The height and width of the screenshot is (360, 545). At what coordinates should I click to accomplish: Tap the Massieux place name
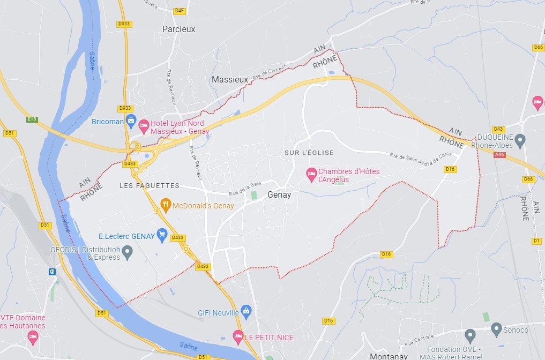tap(230, 79)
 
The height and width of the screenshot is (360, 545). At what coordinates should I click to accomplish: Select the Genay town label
tap(279, 195)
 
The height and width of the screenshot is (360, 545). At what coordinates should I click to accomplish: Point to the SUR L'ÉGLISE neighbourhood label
tap(309, 153)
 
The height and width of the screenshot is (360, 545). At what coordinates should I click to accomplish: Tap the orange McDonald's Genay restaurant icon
tap(166, 204)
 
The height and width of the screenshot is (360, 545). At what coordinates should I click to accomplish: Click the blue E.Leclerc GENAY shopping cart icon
tap(162, 234)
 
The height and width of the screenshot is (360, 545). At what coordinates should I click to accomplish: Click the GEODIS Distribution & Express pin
tap(128, 251)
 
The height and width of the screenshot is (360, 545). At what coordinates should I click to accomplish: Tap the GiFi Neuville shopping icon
tap(246, 311)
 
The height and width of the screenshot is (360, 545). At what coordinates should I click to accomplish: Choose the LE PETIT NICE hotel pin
tap(238, 336)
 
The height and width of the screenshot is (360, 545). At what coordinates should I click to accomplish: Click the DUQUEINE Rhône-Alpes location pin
tap(519, 141)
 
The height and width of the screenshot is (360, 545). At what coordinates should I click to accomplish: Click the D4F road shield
tap(179, 10)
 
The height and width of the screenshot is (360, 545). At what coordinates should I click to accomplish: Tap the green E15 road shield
tap(32, 119)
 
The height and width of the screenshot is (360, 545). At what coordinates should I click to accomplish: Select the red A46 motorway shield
tap(499, 155)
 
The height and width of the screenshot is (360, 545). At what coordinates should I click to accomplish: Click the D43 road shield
tap(498, 129)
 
